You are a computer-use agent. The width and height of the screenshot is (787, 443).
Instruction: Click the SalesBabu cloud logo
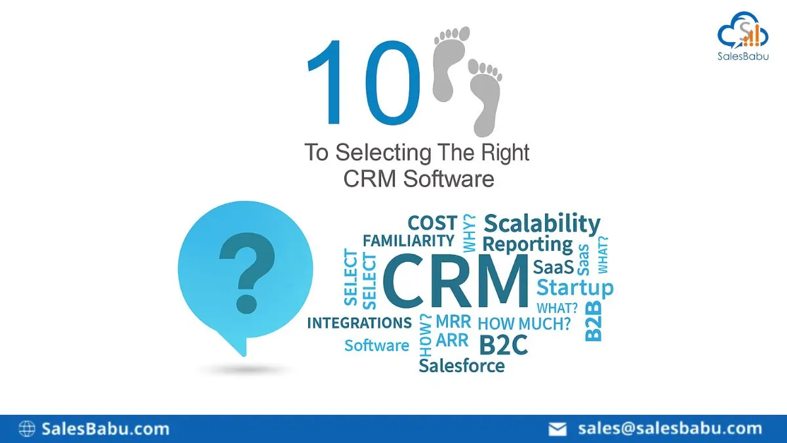pyautogui.click(x=742, y=31)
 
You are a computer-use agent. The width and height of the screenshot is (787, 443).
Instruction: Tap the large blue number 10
pyautogui.click(x=363, y=82)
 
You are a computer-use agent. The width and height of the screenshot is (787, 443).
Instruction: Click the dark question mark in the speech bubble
pyautogui.click(x=247, y=273)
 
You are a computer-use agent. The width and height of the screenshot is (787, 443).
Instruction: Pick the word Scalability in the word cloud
pyautogui.click(x=542, y=224)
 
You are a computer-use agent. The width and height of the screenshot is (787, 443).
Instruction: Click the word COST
pyautogui.click(x=432, y=223)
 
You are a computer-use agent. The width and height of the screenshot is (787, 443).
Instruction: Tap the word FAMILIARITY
pyautogui.click(x=409, y=241)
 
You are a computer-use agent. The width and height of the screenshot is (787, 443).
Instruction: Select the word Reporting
pyautogui.click(x=527, y=245)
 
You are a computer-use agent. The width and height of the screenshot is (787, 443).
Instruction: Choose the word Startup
pyautogui.click(x=575, y=287)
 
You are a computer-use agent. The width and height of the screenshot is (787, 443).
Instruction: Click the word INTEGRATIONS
pyautogui.click(x=359, y=323)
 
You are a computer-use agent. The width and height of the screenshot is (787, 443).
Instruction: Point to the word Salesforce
pyautogui.click(x=462, y=366)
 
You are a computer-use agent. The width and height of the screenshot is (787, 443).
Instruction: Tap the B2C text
pyautogui.click(x=504, y=345)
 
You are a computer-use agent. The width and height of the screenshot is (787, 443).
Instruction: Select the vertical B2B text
pyautogui.click(x=594, y=321)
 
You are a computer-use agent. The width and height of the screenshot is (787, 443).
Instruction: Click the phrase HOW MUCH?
pyautogui.click(x=524, y=324)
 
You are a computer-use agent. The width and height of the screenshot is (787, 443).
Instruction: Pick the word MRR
pyautogui.click(x=453, y=321)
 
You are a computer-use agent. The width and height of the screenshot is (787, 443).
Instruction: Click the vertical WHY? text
pyautogui.click(x=469, y=233)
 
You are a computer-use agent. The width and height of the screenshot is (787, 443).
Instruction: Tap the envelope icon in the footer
pyautogui.click(x=557, y=429)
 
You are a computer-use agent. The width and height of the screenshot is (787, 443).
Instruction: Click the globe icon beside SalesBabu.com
pyautogui.click(x=27, y=429)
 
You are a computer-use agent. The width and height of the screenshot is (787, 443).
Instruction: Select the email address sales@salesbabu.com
pyautogui.click(x=670, y=429)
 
